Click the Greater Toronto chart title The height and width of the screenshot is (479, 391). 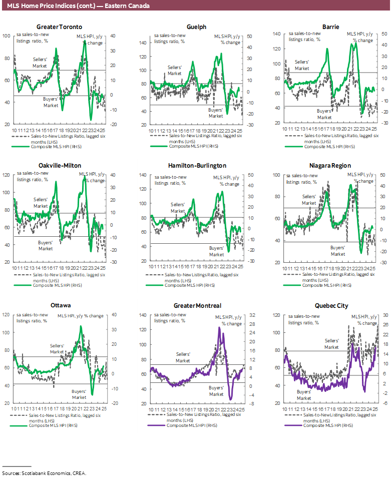tap(60, 27)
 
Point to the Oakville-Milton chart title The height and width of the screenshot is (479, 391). tap(60, 165)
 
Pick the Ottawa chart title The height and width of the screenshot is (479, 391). tap(60, 305)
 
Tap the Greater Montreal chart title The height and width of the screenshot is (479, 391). tap(197, 305)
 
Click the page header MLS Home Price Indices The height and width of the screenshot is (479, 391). tap(75, 6)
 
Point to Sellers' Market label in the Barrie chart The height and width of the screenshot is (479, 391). tap(302, 65)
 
